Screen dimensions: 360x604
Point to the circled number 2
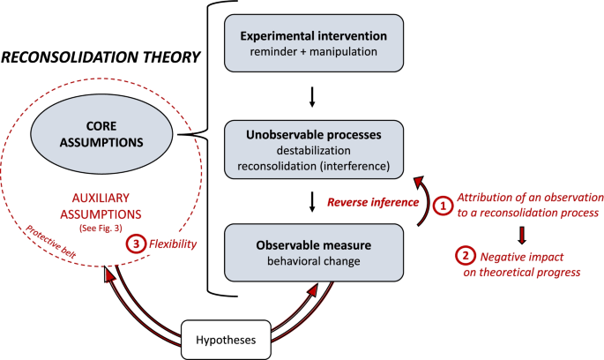coord(464,257)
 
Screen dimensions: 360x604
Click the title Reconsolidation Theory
coord(99,58)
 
